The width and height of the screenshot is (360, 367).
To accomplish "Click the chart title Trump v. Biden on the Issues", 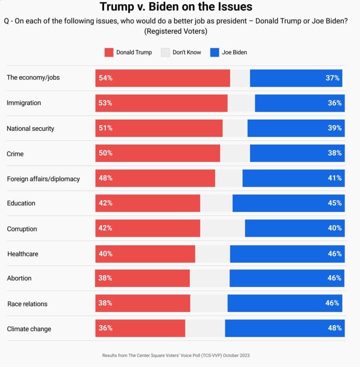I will point(176,7).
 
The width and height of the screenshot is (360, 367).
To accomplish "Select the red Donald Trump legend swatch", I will point(109,52).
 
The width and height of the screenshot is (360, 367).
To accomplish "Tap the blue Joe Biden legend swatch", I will point(214,52).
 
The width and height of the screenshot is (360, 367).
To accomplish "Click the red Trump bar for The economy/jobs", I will point(163,78).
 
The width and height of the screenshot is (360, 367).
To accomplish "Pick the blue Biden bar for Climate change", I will point(285,328).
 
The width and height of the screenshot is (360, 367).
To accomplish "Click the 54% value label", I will point(105,78).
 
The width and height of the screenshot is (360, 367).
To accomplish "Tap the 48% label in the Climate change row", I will point(335,328).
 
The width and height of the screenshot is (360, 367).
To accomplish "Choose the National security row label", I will point(30,128).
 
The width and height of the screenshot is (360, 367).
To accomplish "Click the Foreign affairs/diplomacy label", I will point(43,178).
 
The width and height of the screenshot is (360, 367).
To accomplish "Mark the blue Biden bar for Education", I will point(288,203).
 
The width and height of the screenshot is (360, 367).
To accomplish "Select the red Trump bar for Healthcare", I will point(145,254).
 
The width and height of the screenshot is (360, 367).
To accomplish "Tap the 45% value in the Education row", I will point(335,203).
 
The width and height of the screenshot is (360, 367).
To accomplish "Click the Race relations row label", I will point(27,303).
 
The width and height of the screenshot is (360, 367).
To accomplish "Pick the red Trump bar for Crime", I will point(157,153).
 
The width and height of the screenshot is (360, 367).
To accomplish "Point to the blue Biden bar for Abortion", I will point(287,278).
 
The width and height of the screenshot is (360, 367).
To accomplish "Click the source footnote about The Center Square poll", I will point(176,355).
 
